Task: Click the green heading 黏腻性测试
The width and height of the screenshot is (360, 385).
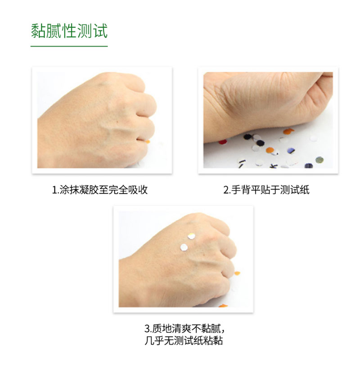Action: click(69, 31)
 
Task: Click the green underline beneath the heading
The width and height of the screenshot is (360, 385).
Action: click(69, 46)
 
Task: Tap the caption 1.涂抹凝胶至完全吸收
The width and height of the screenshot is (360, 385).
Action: click(100, 190)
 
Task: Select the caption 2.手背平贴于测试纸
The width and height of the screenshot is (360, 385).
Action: click(266, 190)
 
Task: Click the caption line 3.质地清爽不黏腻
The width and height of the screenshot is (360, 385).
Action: click(184, 329)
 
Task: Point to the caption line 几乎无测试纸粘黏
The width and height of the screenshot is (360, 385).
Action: click(184, 341)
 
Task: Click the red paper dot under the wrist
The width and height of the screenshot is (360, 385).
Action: click(223, 142)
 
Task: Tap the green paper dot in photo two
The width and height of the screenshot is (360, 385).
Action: click(319, 160)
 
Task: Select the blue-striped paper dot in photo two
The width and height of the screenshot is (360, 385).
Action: click(291, 151)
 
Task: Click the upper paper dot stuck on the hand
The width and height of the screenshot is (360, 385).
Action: click(191, 236)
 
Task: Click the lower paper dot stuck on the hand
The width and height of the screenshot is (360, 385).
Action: click(184, 247)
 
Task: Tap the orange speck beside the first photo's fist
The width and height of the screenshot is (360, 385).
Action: click(148, 141)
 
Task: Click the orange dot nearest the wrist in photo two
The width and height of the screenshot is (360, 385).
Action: click(288, 131)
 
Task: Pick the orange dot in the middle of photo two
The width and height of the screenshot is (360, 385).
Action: click(270, 150)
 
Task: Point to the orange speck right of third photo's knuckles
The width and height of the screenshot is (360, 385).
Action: click(237, 273)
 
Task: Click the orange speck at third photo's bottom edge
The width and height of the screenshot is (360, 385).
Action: click(223, 306)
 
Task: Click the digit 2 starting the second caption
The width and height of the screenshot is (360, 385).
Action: click(226, 190)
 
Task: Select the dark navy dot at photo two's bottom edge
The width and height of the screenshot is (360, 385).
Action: click(309, 166)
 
